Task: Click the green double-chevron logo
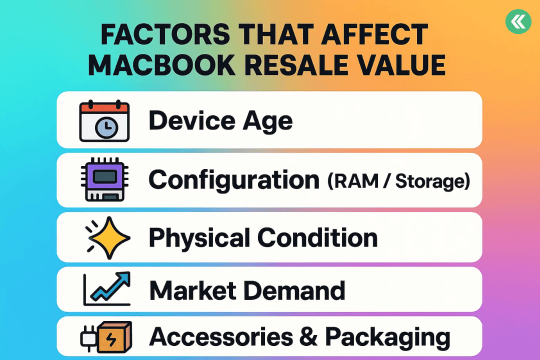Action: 518,21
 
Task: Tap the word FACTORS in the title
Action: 165,34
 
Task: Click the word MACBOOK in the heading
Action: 161,65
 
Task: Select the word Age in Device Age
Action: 267,122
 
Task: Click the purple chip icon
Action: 104,179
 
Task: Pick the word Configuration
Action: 234,180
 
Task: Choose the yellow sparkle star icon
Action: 108,237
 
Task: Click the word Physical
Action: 199,238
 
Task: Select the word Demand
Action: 294,290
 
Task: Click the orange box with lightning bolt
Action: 114,337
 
